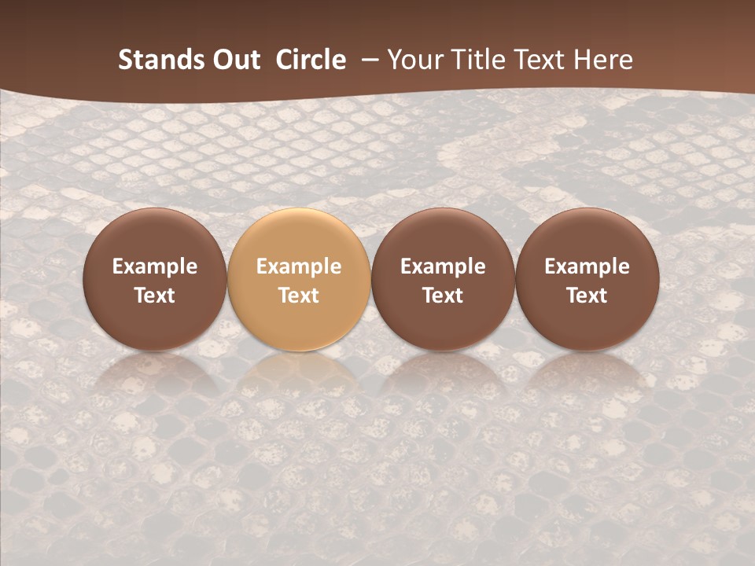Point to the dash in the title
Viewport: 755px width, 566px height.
click(366, 61)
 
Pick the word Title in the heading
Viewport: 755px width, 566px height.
click(475, 61)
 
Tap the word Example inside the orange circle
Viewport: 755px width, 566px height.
click(299, 266)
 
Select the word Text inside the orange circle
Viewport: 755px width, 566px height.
click(299, 296)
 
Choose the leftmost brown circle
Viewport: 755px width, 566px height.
click(155, 322)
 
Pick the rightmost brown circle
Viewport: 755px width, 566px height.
click(587, 322)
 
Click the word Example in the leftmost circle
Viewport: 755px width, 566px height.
click(155, 266)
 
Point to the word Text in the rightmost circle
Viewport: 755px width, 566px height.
click(587, 296)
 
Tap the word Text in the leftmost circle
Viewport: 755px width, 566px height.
click(155, 296)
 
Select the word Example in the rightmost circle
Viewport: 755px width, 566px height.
click(587, 266)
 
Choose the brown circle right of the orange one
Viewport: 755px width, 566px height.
click(443, 322)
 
